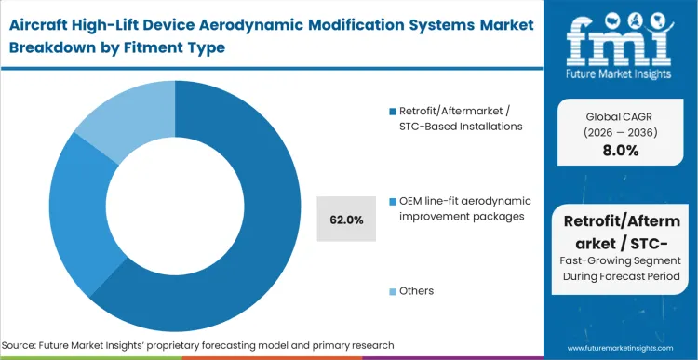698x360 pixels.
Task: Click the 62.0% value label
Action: tap(346, 220)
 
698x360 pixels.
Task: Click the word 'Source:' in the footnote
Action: tap(31, 345)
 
